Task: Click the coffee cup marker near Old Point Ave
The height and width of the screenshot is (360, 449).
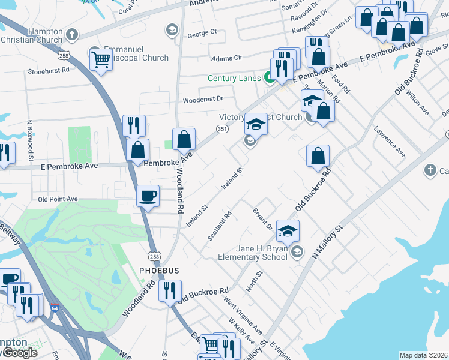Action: pyautogui.click(x=148, y=195)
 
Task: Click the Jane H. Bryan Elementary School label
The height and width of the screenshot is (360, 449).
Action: pyautogui.click(x=253, y=253)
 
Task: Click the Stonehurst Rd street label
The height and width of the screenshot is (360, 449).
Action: pyautogui.click(x=49, y=70)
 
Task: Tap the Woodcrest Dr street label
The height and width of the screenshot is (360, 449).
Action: pyautogui.click(x=203, y=98)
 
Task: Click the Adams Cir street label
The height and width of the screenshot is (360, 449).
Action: pyautogui.click(x=226, y=58)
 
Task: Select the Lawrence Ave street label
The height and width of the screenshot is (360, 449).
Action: pyautogui.click(x=390, y=142)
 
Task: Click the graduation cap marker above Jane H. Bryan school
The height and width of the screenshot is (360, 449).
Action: pyautogui.click(x=288, y=230)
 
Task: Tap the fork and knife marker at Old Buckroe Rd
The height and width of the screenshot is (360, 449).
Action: pyautogui.click(x=171, y=291)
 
